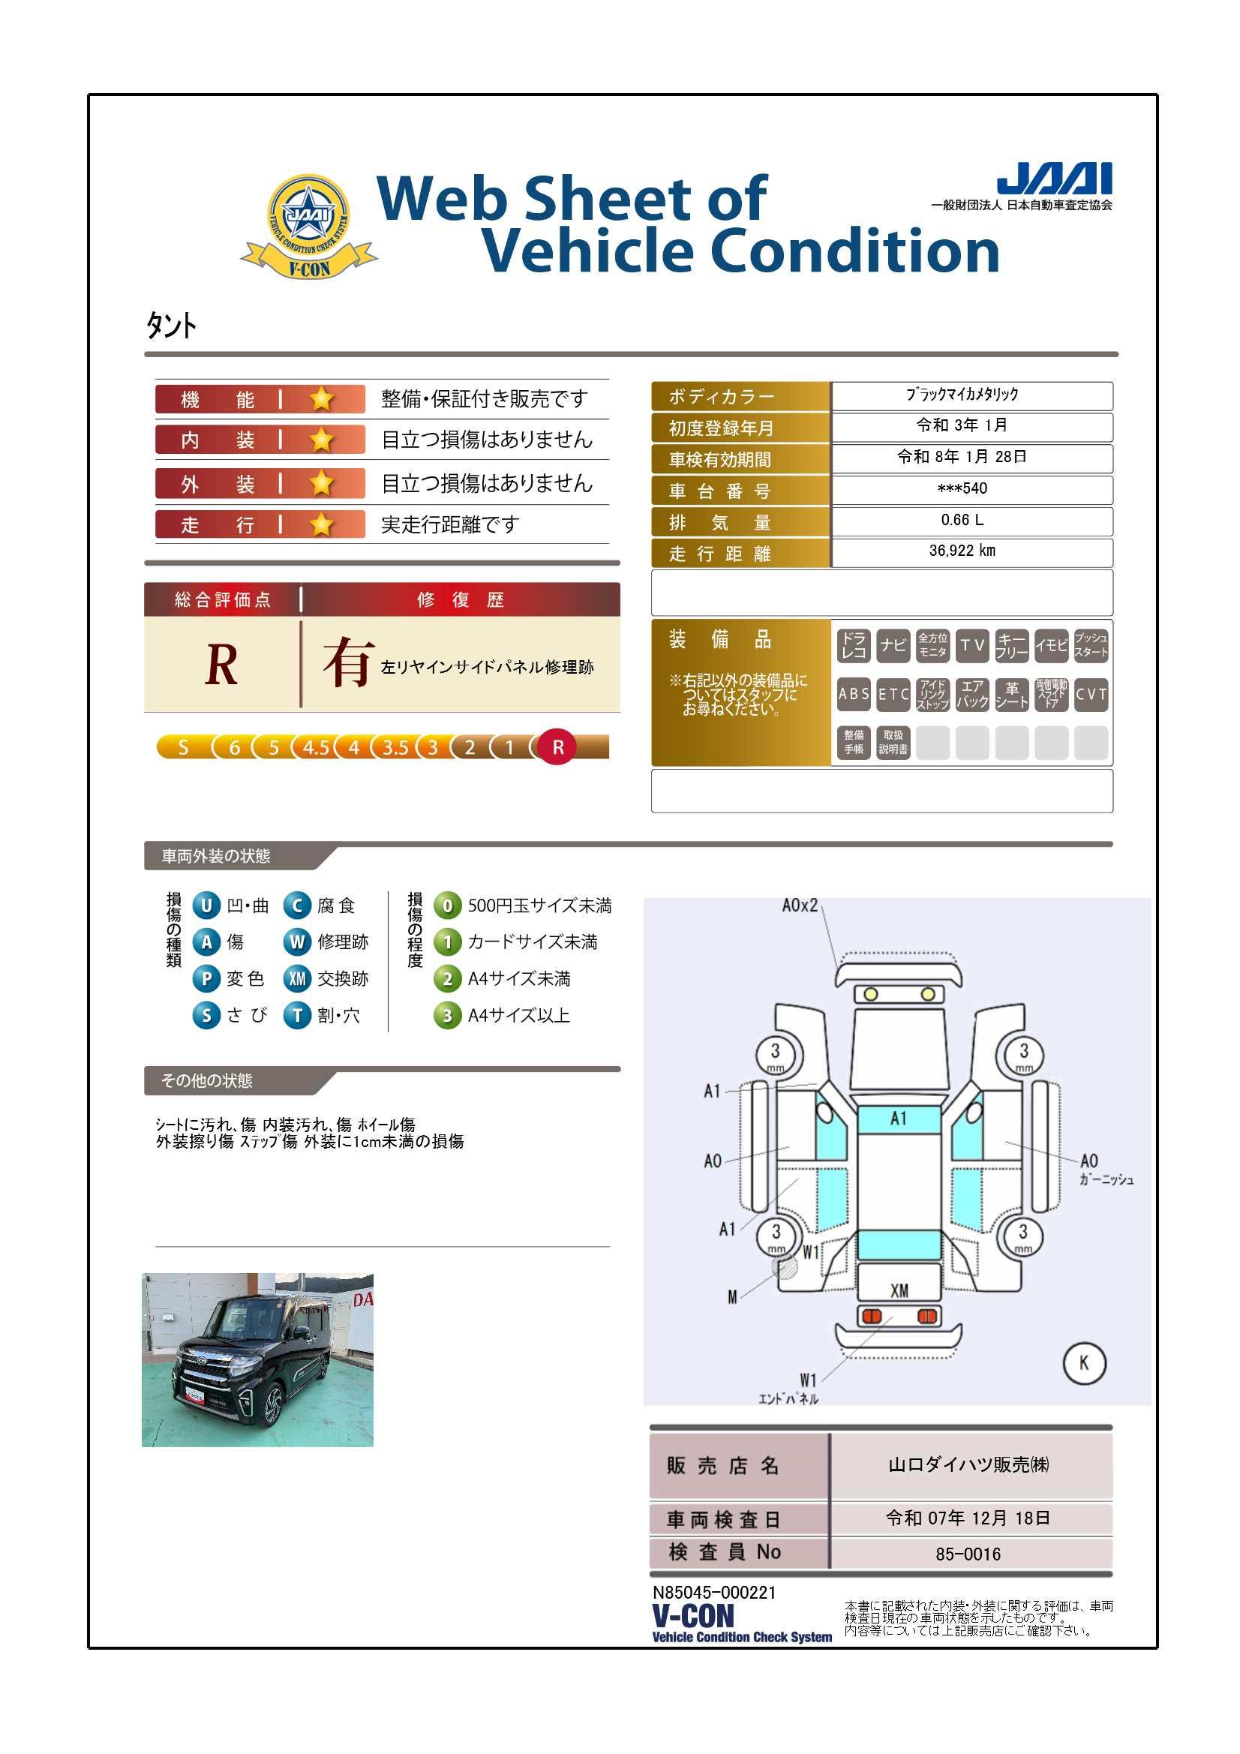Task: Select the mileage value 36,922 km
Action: [962, 551]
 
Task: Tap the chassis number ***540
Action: [962, 488]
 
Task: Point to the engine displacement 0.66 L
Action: [962, 520]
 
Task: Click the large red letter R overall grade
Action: [221, 665]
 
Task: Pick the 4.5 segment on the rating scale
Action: [316, 747]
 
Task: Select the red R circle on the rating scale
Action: [557, 747]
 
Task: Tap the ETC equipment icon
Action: [893, 695]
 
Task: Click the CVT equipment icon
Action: [1091, 695]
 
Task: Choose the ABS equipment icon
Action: [854, 695]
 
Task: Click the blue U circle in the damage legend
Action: [206, 906]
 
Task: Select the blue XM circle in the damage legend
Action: [297, 978]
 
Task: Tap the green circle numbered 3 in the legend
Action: [448, 1015]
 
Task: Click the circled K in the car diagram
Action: [1084, 1363]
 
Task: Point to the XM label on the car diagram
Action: [899, 1290]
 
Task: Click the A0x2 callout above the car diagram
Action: [800, 906]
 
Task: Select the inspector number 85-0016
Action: [968, 1554]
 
